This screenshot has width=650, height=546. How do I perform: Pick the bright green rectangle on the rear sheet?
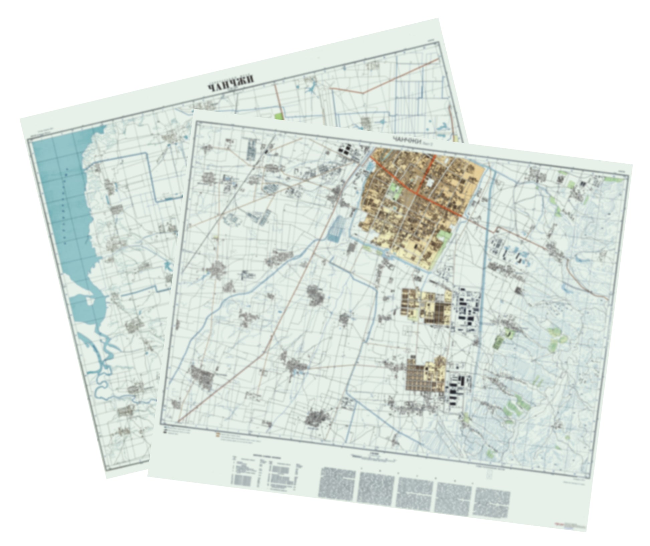pos(279,117)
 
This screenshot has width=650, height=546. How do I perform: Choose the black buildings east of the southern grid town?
pos(459,388)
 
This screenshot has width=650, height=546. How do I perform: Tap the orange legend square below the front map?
pos(218,435)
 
